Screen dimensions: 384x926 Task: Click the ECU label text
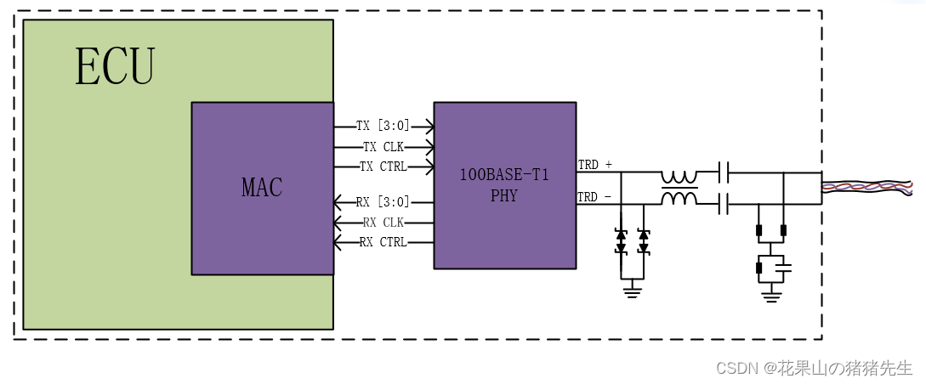point(115,67)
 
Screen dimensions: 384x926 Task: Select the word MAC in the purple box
point(262,188)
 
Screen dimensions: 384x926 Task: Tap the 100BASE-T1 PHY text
point(504,185)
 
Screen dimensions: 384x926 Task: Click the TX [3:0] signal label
point(383,126)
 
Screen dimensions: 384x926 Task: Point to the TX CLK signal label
point(383,146)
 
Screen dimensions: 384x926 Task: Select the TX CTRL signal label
point(383,166)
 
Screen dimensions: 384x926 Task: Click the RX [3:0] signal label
point(383,202)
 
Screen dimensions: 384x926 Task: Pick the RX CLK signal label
point(383,223)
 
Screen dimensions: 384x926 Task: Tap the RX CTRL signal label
point(383,242)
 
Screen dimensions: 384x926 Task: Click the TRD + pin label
point(595,164)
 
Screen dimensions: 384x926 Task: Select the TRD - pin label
point(595,197)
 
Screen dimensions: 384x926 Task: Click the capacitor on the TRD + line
point(723,172)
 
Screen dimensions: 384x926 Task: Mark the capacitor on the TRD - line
point(723,204)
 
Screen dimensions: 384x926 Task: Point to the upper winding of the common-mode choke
point(679,177)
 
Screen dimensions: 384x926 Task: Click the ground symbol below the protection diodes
point(632,291)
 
